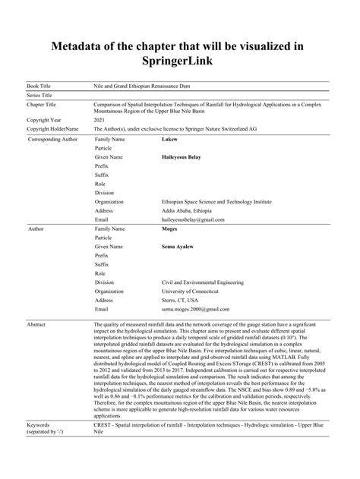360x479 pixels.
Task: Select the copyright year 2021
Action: (99, 120)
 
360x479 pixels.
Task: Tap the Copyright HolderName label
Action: (52, 129)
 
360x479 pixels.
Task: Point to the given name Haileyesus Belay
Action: (187, 157)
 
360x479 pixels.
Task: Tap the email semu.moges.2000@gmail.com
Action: (196, 310)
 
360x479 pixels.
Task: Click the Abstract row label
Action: (37, 324)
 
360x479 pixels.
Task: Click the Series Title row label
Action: (41, 96)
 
